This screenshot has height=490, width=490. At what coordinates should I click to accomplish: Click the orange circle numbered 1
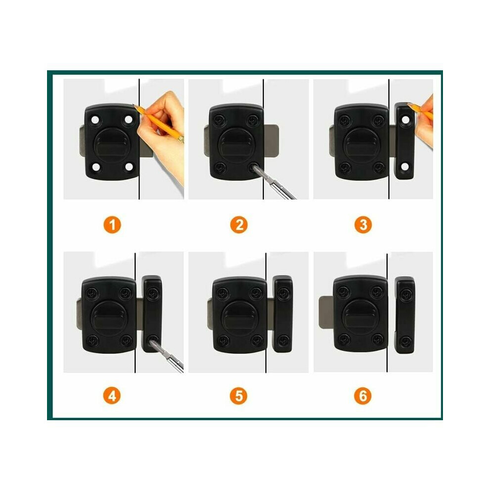pyautogui.click(x=112, y=225)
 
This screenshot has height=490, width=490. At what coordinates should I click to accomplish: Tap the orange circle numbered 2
pyautogui.click(x=239, y=225)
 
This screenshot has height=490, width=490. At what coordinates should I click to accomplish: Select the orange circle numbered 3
pyautogui.click(x=363, y=225)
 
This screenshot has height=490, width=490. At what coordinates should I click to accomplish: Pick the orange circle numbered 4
pyautogui.click(x=112, y=396)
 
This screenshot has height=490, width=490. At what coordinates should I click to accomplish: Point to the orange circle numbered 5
pyautogui.click(x=239, y=396)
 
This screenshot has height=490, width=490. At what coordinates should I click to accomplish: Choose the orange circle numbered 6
pyautogui.click(x=363, y=396)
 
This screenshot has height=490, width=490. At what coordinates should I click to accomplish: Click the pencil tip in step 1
pyautogui.click(x=134, y=105)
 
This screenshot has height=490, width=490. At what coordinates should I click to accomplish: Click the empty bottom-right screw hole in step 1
pyautogui.click(x=129, y=167)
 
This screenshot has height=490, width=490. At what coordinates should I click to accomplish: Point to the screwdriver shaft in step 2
pyautogui.click(x=274, y=183)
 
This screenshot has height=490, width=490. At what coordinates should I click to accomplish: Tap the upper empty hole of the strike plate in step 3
pyautogui.click(x=405, y=120)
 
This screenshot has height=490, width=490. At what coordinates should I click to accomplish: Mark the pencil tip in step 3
pyautogui.click(x=408, y=103)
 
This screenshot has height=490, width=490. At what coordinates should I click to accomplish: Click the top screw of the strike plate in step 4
pyautogui.click(x=152, y=293)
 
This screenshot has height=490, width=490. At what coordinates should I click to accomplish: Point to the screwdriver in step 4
pyautogui.click(x=167, y=356)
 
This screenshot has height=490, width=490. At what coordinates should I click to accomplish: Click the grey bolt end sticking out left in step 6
pyautogui.click(x=326, y=312)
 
